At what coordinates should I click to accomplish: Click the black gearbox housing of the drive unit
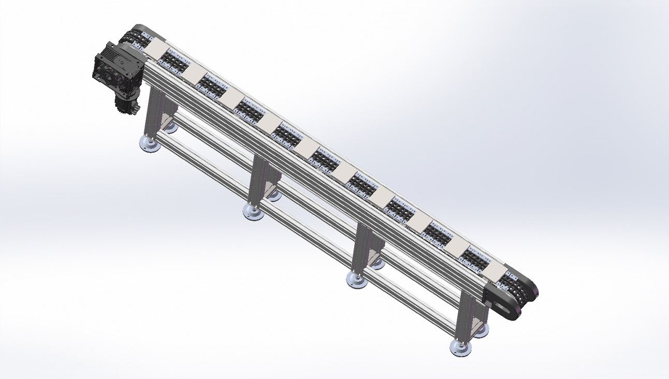[x=115, y=70]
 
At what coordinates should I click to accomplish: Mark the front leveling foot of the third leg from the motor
[x=357, y=280]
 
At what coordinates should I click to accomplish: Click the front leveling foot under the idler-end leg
[x=460, y=348]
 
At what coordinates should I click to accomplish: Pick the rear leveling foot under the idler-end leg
[x=481, y=329]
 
